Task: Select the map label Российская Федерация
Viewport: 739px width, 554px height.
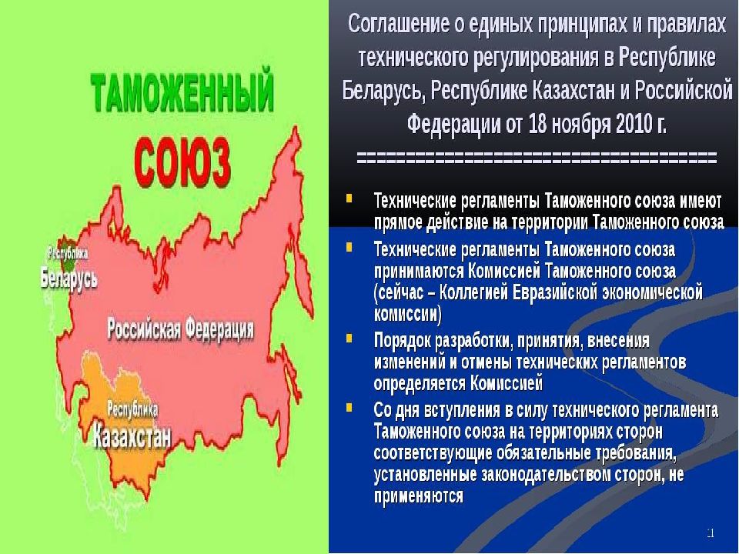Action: (180, 329)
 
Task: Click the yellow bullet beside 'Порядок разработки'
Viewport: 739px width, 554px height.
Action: (350, 338)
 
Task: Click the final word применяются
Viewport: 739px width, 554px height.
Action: (418, 495)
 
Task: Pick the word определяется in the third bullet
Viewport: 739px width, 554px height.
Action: (419, 382)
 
